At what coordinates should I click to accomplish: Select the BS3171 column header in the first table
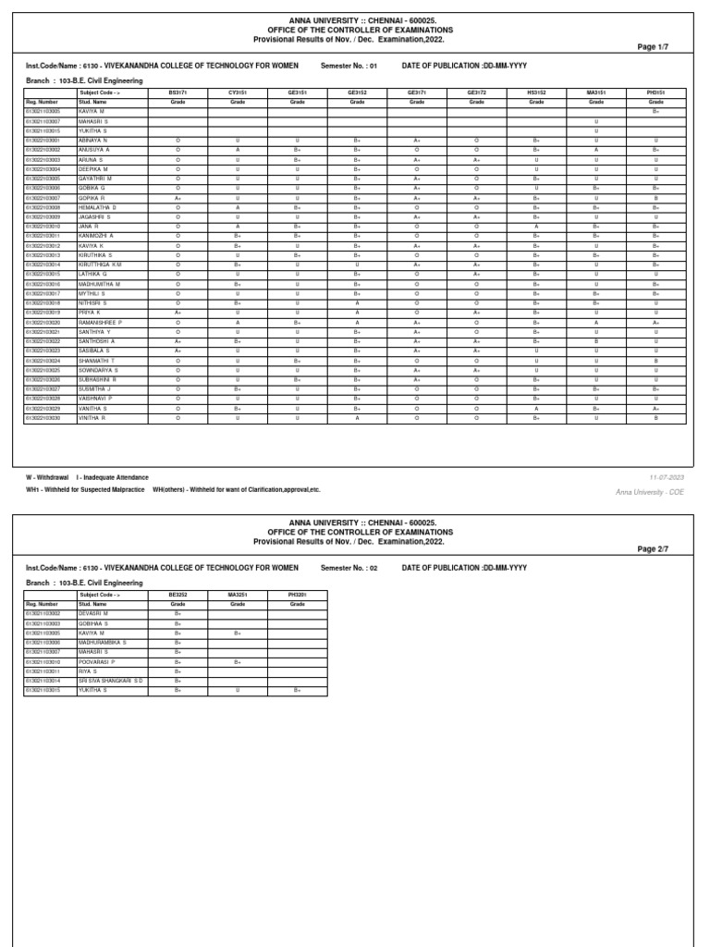coord(177,93)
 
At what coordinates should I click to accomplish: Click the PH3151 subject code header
coord(655,93)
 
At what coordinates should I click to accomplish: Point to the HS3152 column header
coord(536,93)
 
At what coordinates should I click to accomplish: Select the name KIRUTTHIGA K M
coord(101,264)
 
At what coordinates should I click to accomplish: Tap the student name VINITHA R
coord(93,418)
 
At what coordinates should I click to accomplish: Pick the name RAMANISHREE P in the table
coord(101,322)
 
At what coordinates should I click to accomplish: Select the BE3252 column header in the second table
coord(177,595)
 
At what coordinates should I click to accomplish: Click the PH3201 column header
coord(297,595)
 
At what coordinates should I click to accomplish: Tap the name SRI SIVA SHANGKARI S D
coord(111,680)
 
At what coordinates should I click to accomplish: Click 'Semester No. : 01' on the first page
coord(349,67)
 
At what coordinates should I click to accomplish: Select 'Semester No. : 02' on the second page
coord(349,567)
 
